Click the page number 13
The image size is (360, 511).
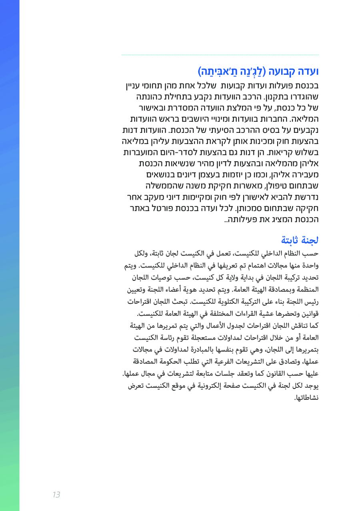56,495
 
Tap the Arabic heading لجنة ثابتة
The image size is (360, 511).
300,240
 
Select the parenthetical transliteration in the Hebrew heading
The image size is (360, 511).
232,72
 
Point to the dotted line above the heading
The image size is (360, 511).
220,55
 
